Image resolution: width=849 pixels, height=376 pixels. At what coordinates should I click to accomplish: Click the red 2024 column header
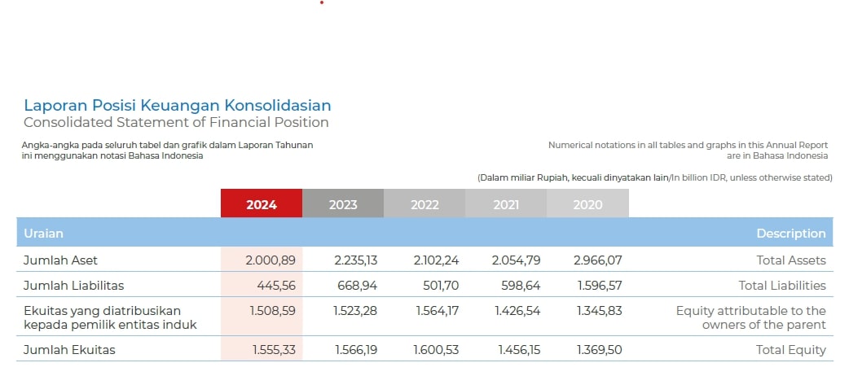point(262,204)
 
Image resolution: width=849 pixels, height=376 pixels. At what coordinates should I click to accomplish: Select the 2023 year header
point(343,204)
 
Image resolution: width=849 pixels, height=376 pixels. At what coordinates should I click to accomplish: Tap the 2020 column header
point(587,204)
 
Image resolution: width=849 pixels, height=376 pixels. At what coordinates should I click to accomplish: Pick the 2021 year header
point(506,204)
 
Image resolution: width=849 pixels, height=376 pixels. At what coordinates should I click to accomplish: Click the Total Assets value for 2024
point(270,260)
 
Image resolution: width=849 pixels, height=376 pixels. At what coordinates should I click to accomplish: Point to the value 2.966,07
point(598,260)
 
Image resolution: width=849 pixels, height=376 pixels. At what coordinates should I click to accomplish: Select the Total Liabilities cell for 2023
point(357,286)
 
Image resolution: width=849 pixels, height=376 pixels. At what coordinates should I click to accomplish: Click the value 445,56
point(275,286)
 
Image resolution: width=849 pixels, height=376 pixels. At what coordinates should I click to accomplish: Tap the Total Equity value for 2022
point(438,350)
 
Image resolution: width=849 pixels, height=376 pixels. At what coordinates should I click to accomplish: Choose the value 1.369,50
point(599,350)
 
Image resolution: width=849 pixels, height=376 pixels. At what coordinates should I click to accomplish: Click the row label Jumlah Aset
point(61,260)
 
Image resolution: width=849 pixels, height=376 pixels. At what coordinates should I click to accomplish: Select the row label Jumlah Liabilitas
point(74,286)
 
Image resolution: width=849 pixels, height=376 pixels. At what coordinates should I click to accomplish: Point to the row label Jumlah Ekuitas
point(69,350)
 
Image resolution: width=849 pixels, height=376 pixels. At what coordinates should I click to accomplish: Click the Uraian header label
point(44,234)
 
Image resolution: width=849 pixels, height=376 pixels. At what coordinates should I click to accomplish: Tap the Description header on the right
point(790,234)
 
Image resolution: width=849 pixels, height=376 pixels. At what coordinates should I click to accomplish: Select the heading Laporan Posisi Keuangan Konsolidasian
point(178,105)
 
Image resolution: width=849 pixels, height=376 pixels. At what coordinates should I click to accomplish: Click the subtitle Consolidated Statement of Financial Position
point(176,123)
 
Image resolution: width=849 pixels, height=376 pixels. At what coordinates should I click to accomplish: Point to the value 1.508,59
point(273,311)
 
